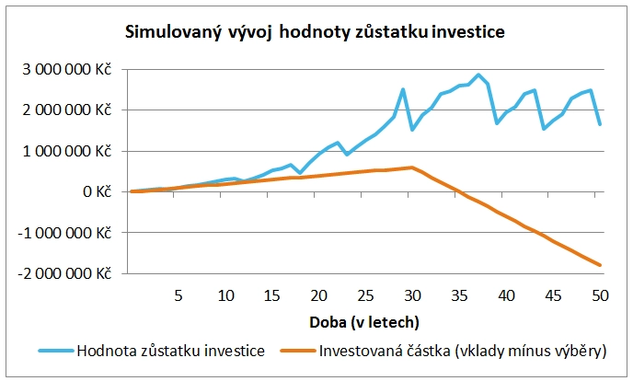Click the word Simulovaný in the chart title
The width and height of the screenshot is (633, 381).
(171, 33)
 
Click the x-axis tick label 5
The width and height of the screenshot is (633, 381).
(178, 296)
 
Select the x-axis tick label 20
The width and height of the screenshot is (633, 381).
(318, 296)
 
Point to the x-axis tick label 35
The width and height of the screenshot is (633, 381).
(459, 296)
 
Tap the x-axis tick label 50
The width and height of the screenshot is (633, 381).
(599, 296)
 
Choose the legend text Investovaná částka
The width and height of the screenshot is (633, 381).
(377, 350)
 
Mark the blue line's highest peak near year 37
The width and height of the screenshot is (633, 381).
(478, 75)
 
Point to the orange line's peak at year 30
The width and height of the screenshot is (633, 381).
(411, 167)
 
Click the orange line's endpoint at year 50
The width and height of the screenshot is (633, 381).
(599, 265)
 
